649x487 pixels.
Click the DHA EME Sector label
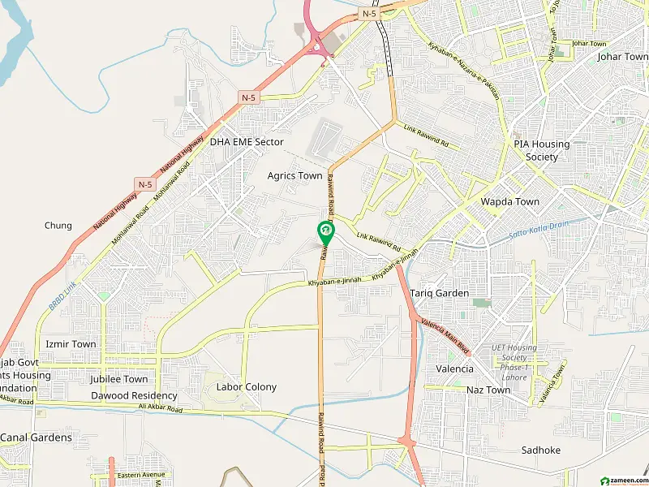pyautogui.click(x=247, y=142)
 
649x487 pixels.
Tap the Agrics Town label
pyautogui.click(x=295, y=176)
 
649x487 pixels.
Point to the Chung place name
pyautogui.click(x=58, y=226)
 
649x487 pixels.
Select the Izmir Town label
pyautogui.click(x=71, y=344)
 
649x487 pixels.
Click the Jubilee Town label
pyautogui.click(x=119, y=379)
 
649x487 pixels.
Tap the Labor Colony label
pyautogui.click(x=246, y=387)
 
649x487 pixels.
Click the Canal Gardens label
pyautogui.click(x=36, y=437)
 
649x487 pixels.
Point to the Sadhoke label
pyautogui.click(x=541, y=450)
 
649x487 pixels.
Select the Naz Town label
pyautogui.click(x=488, y=390)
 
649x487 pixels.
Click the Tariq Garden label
pyautogui.click(x=440, y=293)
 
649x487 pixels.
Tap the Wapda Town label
pyautogui.click(x=510, y=201)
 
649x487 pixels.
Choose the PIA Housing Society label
pyautogui.click(x=542, y=150)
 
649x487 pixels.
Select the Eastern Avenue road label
pyautogui.click(x=140, y=475)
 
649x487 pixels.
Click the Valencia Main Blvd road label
pyautogui.click(x=445, y=336)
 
